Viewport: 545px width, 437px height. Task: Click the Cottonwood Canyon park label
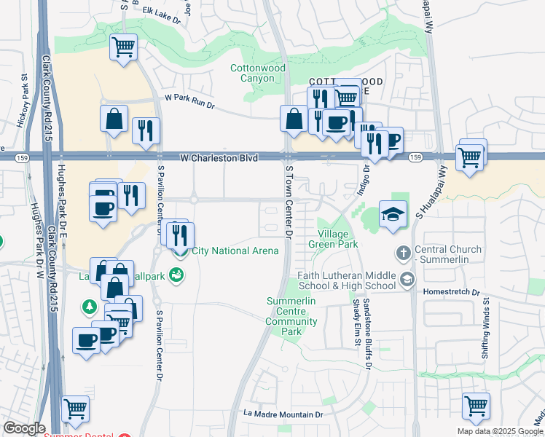[x=257, y=73]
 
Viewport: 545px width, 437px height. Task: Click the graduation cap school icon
[x=393, y=215]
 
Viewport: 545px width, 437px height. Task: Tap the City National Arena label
[x=235, y=251]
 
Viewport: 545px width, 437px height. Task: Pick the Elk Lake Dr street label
[x=162, y=15]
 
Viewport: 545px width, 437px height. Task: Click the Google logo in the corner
[x=24, y=428]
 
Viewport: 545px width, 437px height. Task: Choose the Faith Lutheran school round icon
[x=407, y=279]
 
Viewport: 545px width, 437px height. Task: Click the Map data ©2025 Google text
[x=500, y=431]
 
